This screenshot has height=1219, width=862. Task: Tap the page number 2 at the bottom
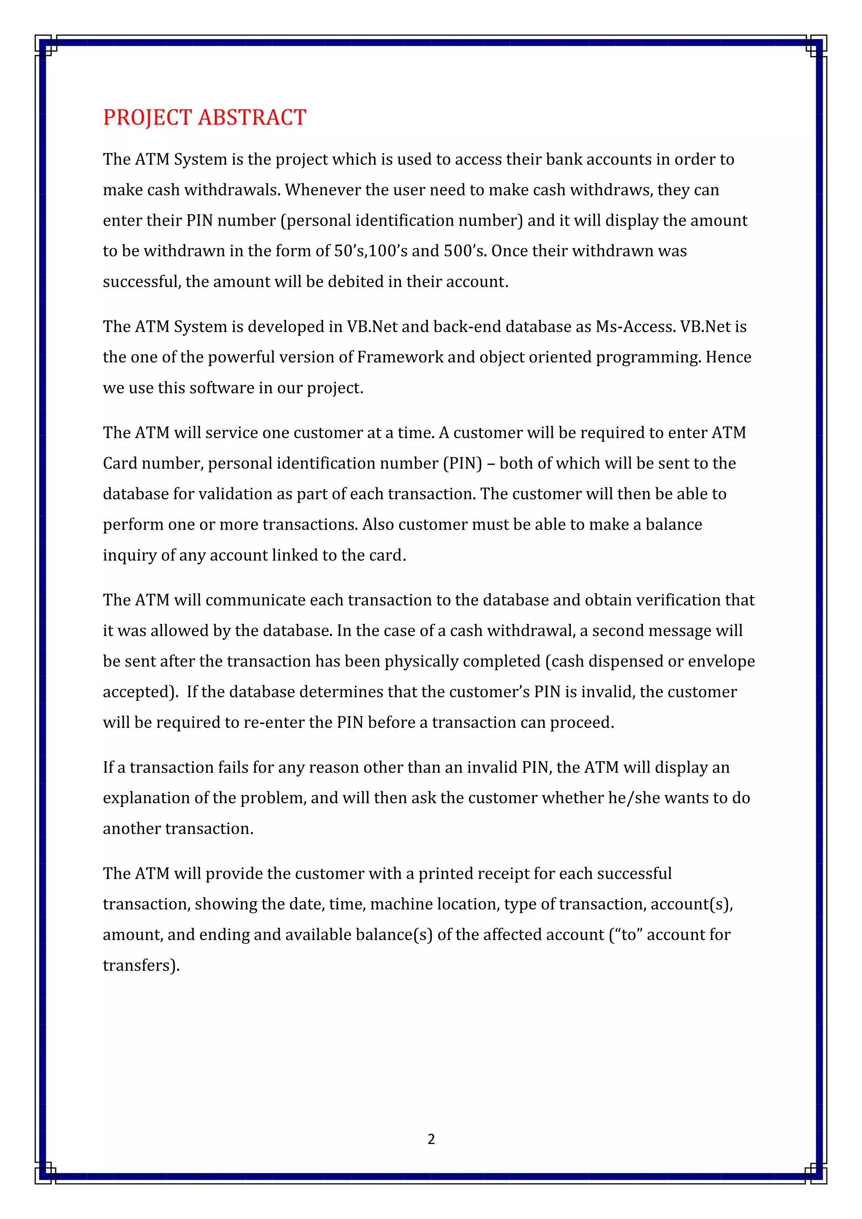[431, 1139]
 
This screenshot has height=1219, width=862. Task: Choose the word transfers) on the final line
[141, 965]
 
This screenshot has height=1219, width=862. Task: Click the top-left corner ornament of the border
[45, 45]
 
